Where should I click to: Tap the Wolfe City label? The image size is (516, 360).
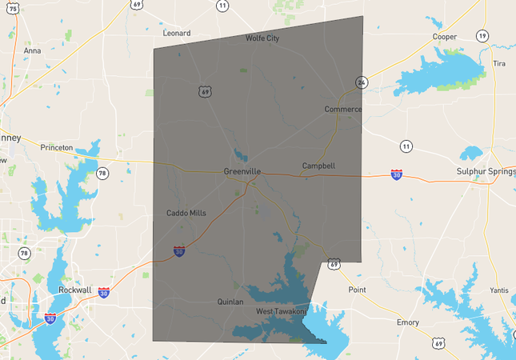click(x=262, y=38)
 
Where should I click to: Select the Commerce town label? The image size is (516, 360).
click(x=343, y=109)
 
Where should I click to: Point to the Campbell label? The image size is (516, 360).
click(x=318, y=166)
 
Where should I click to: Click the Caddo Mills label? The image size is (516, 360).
click(x=186, y=213)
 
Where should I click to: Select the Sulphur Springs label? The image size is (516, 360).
click(x=483, y=171)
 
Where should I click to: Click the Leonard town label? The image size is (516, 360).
click(x=176, y=34)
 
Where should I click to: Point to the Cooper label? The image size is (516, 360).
click(x=444, y=37)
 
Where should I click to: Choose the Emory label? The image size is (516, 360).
click(x=408, y=322)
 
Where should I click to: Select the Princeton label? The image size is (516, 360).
click(x=56, y=147)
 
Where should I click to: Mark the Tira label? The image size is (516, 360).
click(x=499, y=63)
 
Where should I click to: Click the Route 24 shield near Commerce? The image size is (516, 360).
click(x=362, y=82)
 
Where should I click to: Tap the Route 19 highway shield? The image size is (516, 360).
click(x=482, y=36)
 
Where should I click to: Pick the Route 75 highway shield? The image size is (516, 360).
click(x=13, y=7)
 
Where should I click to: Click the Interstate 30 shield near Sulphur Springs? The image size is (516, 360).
click(x=397, y=174)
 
